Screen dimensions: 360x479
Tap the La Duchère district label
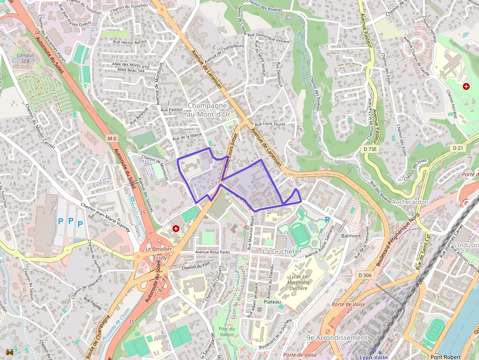coord(281,251)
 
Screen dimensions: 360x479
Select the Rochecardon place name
coord(410,202)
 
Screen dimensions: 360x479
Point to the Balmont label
coord(351,235)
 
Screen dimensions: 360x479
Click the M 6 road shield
coord(112,139)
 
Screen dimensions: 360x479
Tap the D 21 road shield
coord(457,148)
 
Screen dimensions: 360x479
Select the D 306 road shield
coord(365,275)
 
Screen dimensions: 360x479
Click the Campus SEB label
coord(25,59)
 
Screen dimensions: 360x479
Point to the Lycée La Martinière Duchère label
coord(298,282)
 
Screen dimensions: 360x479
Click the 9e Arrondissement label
coord(337,338)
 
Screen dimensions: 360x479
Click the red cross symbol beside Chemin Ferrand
coord(466,86)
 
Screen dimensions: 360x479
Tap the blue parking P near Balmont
coord(327,220)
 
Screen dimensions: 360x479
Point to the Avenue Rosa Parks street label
coord(216,253)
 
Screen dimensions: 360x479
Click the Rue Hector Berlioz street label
coord(130,42)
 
